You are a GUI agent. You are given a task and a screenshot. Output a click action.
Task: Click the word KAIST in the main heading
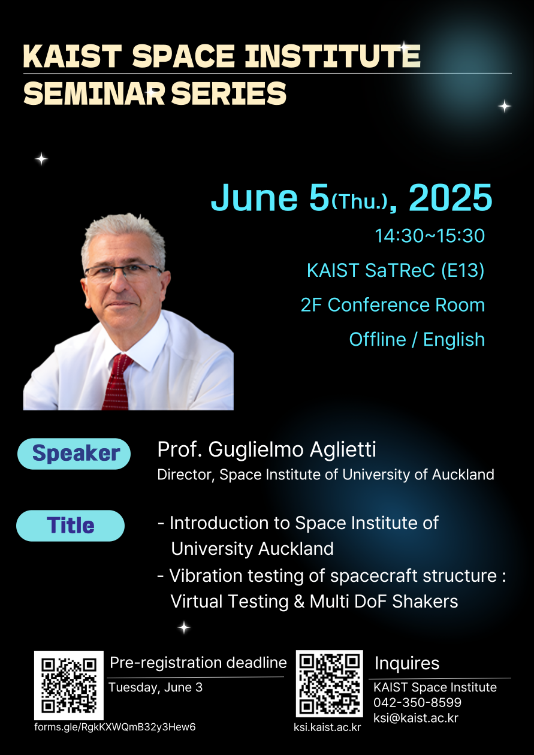coord(72,56)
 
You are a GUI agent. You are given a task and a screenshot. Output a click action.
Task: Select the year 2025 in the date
coord(451,198)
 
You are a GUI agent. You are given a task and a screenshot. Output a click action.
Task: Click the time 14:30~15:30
coord(430,235)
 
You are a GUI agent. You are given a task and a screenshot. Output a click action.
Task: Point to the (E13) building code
coord(463,270)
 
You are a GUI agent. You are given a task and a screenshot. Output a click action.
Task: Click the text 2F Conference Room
coord(393,305)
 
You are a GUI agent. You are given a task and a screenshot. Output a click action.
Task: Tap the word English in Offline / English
coord(454,340)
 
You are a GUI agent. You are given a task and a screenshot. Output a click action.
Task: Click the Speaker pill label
coord(74,454)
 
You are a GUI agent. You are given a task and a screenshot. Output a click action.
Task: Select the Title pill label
coord(71,526)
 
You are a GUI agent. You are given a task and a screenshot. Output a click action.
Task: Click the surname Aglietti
coord(343,449)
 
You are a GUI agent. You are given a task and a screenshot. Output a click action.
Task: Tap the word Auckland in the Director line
coord(463,475)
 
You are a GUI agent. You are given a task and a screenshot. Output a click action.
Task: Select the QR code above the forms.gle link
coord(69,685)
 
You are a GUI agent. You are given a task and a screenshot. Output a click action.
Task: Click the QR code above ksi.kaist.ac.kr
coord(330,684)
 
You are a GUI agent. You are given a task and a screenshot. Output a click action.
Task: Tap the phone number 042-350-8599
coord(417,702)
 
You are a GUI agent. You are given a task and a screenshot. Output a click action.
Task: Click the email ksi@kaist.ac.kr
coord(416,718)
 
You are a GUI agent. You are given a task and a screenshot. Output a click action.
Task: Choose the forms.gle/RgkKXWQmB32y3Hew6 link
coord(115,727)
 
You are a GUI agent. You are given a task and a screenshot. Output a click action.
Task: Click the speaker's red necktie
coord(116,382)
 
